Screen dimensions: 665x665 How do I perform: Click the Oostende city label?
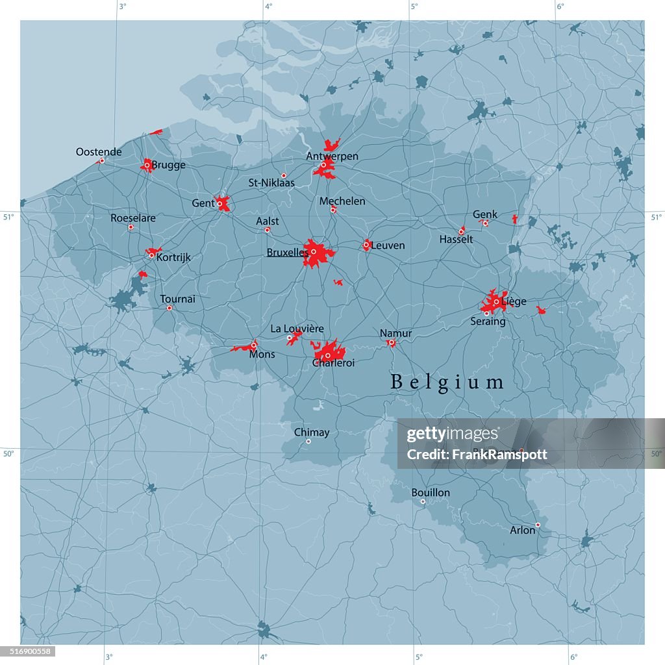click(x=99, y=152)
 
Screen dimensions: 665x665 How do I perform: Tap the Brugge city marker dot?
click(x=147, y=165)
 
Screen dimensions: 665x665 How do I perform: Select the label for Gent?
click(x=203, y=203)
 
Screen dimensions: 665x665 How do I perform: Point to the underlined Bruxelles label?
click(x=287, y=252)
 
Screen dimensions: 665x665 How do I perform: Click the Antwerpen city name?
click(x=332, y=157)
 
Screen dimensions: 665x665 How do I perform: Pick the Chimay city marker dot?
click(x=308, y=442)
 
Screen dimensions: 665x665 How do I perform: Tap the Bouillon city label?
click(x=431, y=493)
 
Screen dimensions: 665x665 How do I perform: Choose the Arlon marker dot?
click(x=538, y=525)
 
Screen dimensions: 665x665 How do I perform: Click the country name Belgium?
click(x=447, y=383)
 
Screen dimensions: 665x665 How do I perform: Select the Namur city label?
click(x=396, y=333)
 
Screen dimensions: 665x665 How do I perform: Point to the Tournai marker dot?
click(x=169, y=308)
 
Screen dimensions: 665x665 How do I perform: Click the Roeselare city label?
click(x=133, y=218)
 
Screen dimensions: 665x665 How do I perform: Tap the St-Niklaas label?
click(x=271, y=183)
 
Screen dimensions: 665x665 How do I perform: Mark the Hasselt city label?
click(x=456, y=240)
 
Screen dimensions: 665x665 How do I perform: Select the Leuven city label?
click(x=388, y=245)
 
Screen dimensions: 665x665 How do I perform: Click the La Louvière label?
click(x=297, y=329)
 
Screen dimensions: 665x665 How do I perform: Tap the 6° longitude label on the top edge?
click(x=560, y=6)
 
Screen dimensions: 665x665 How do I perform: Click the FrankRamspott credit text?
click(x=477, y=455)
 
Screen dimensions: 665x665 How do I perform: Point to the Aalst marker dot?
click(x=267, y=230)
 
